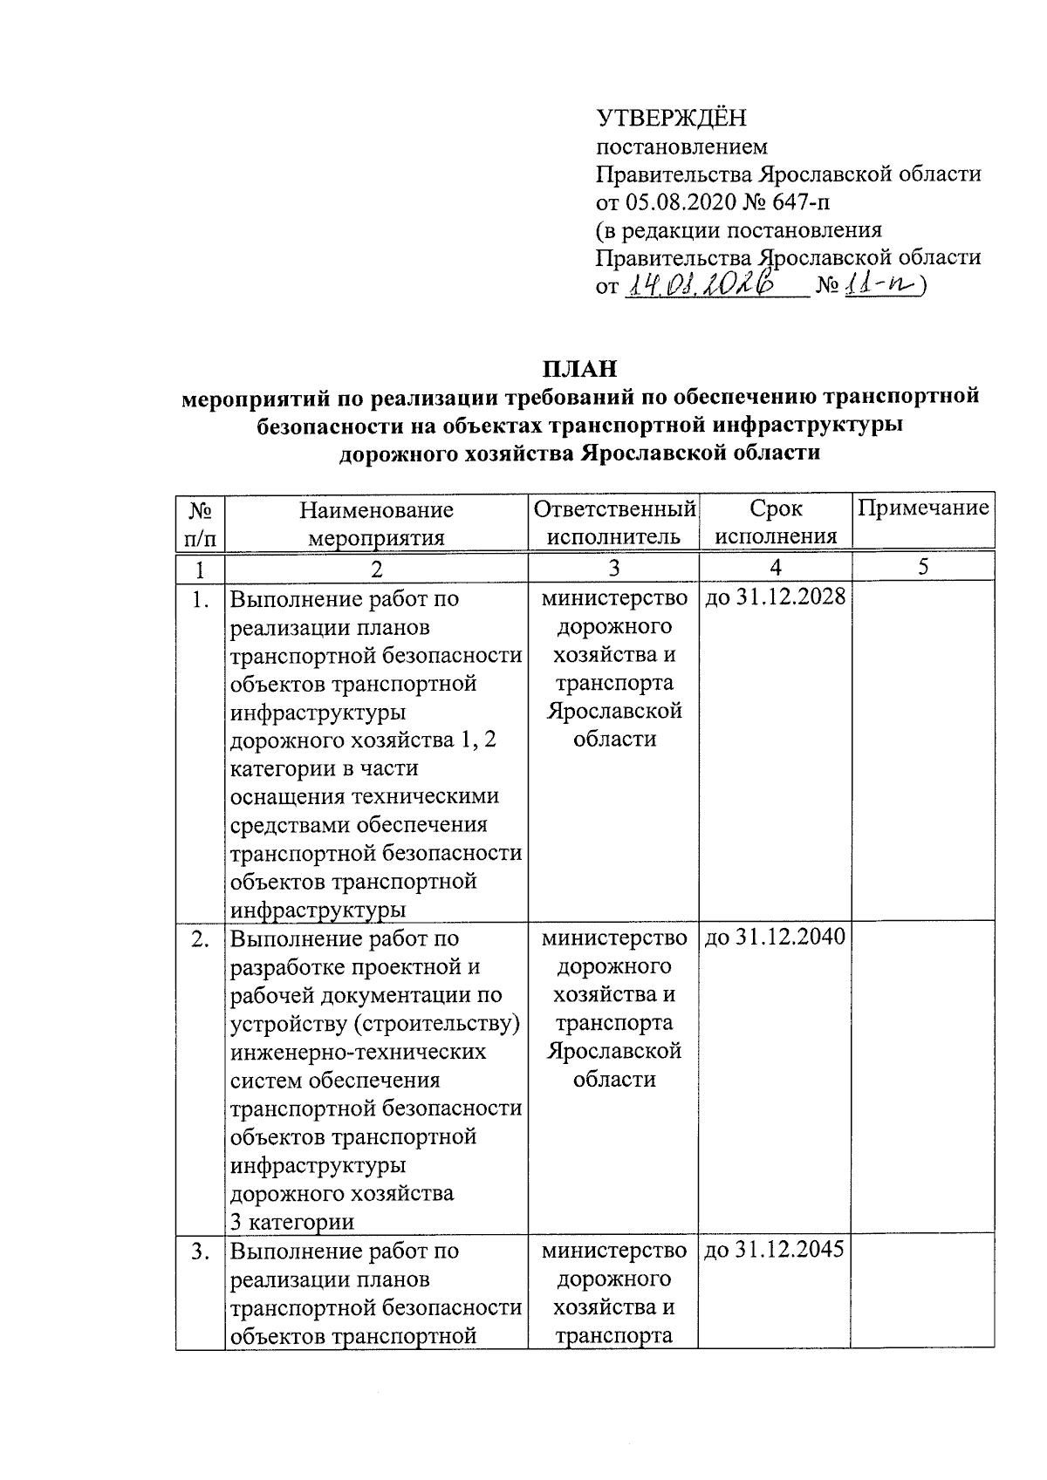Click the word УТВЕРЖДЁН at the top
pyautogui.click(x=671, y=118)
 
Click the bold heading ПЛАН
pyautogui.click(x=580, y=368)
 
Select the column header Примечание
pyautogui.click(x=923, y=508)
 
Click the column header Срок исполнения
pyautogui.click(x=775, y=522)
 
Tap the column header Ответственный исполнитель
pyautogui.click(x=614, y=522)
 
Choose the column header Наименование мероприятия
pyautogui.click(x=376, y=522)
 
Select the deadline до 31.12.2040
pyautogui.click(x=775, y=938)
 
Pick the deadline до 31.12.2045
pyautogui.click(x=775, y=1251)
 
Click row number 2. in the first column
pyautogui.click(x=201, y=938)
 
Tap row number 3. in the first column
pyautogui.click(x=201, y=1251)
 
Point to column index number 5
pyautogui.click(x=922, y=568)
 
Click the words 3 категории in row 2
pyautogui.click(x=292, y=1221)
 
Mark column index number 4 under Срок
pyautogui.click(x=775, y=568)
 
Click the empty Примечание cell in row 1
pyautogui.click(x=922, y=750)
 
